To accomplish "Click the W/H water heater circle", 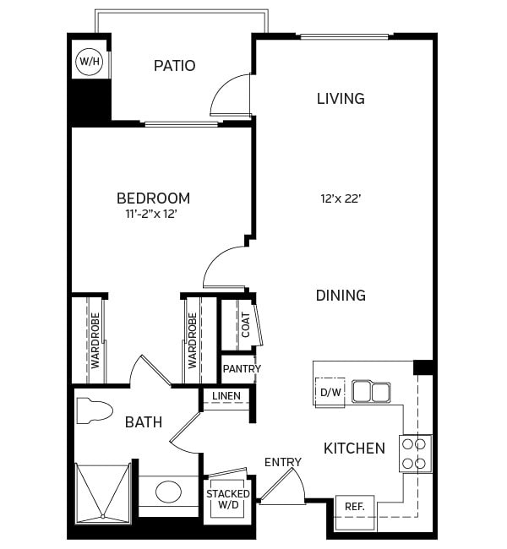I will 87,62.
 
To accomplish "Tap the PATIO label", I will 174,66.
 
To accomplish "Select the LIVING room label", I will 341,99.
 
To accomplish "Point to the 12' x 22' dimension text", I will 341,200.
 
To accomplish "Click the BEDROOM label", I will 153,198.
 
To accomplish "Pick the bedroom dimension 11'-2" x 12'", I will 153,215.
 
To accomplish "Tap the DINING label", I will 341,296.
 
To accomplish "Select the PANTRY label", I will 242,369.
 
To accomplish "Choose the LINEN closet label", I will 226,396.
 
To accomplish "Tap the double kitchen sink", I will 372,392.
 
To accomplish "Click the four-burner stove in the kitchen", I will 415,453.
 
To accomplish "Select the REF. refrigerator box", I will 355,507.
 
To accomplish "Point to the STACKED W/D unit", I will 228,499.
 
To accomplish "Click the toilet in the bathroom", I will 94,410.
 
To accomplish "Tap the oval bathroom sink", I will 167,491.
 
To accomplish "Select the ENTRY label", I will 282,462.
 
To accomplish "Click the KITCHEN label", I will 354,448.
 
